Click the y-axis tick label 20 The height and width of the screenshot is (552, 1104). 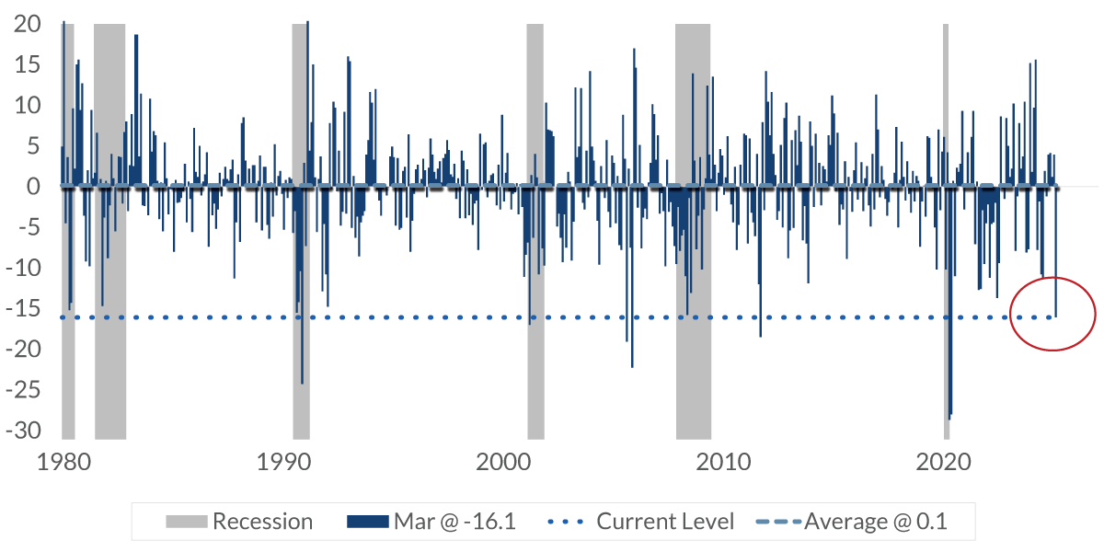27,25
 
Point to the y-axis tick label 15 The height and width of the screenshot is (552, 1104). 27,65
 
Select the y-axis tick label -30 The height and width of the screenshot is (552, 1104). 22,430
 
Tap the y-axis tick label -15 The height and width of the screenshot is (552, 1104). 22,308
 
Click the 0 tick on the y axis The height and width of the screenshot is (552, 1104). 33,187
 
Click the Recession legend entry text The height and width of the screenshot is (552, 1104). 262,522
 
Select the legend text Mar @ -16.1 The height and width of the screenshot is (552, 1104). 454,522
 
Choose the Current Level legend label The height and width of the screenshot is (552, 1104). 665,522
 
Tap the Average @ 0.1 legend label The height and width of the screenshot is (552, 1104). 875,522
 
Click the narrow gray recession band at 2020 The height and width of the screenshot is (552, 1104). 946,110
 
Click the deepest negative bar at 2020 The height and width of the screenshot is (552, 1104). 949,405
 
